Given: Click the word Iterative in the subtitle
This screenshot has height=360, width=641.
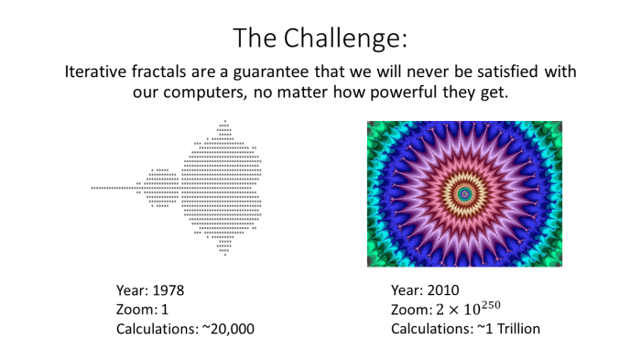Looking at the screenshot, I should pyautogui.click(x=98, y=71).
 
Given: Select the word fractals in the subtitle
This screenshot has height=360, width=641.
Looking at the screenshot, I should pyautogui.click(x=171, y=71).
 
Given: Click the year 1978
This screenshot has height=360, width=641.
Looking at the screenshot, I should pyautogui.click(x=167, y=290).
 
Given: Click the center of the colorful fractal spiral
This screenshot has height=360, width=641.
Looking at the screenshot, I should pyautogui.click(x=465, y=193).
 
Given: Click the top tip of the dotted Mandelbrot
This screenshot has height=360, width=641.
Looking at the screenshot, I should pyautogui.click(x=224, y=121).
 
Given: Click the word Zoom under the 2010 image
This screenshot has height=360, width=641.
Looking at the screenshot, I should pyautogui.click(x=408, y=310).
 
